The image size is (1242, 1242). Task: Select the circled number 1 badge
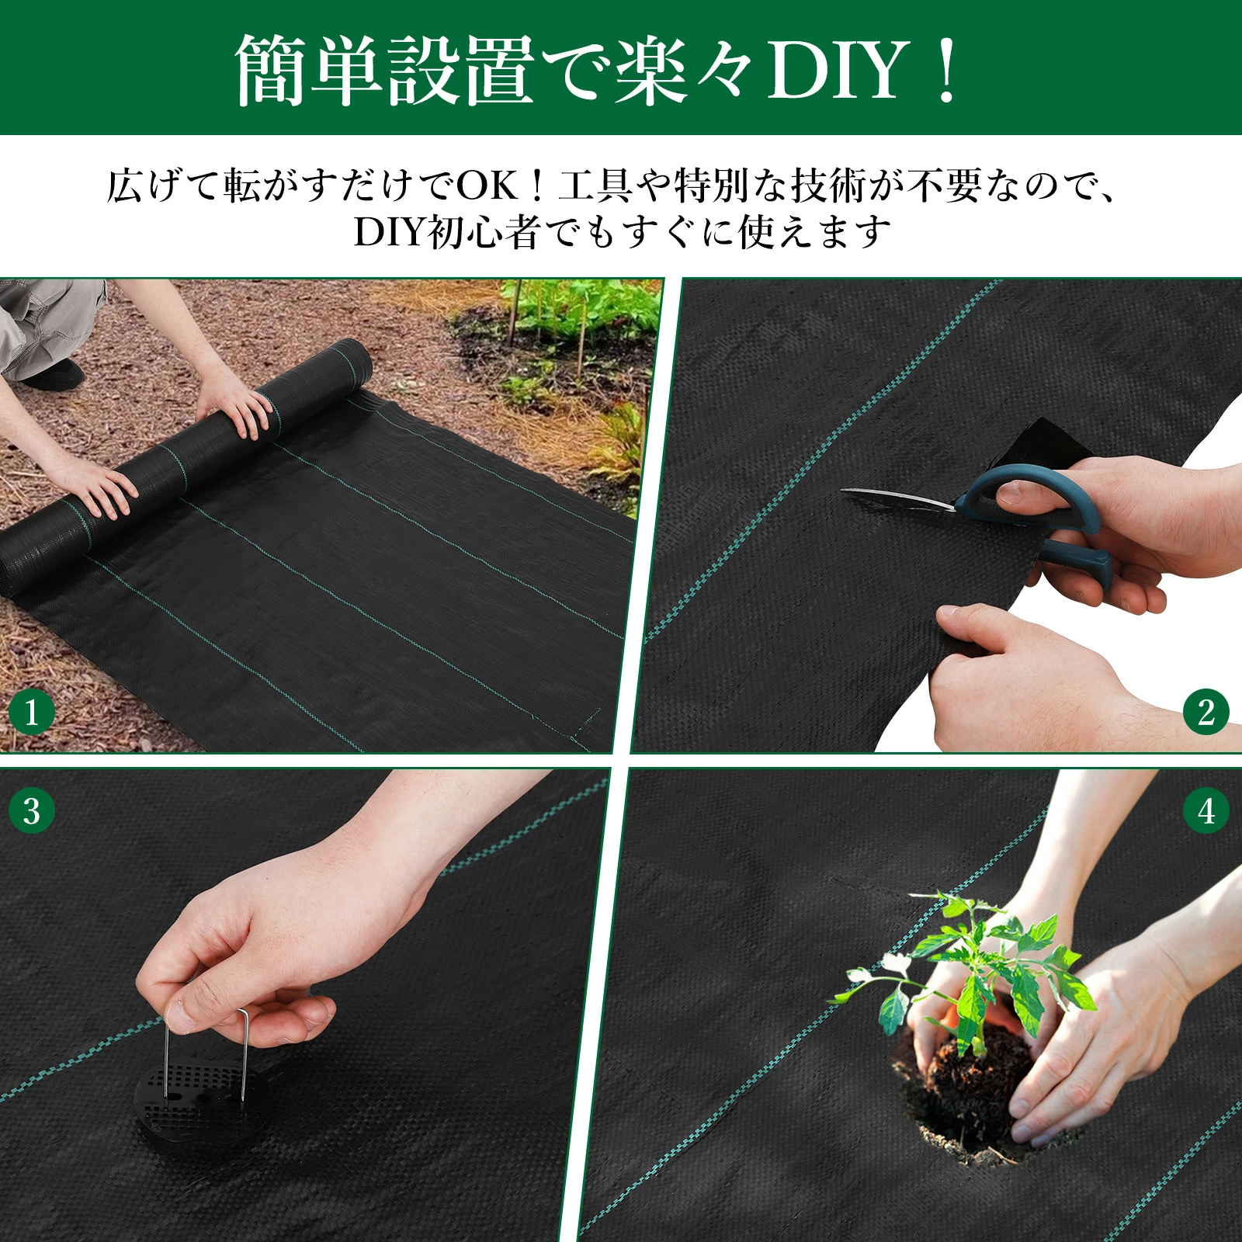32,712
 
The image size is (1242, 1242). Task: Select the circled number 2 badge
1206,712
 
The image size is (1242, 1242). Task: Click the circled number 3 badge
32,811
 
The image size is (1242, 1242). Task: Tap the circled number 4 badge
1206,811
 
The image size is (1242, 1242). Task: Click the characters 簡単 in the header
310,71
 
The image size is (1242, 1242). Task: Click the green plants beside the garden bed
578,310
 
